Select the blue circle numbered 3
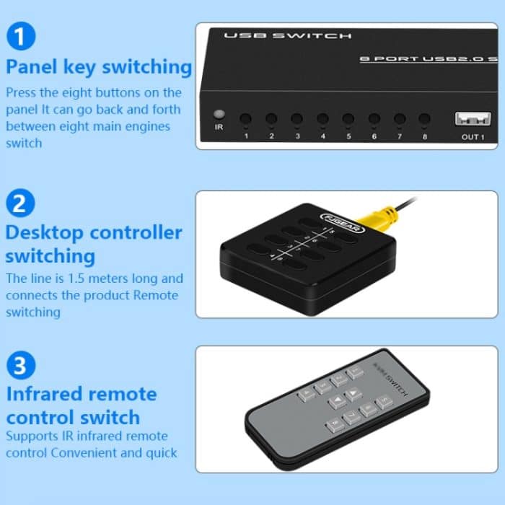(19, 365)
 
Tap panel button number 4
(322, 118)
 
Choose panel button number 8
(424, 118)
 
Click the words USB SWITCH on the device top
(287, 35)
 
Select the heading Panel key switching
(99, 67)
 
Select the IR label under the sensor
(219, 127)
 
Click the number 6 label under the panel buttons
(374, 136)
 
